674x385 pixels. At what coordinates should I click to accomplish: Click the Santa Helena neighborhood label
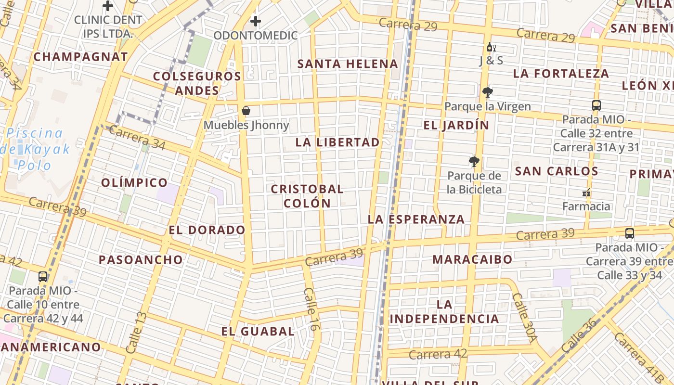(x=348, y=64)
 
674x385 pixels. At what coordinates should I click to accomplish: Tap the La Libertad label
(x=337, y=142)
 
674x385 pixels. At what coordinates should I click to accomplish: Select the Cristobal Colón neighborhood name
(x=307, y=196)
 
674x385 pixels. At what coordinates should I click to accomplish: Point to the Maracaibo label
(x=472, y=259)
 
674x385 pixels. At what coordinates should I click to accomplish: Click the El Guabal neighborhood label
(x=258, y=331)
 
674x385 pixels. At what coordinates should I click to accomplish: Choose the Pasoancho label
(x=141, y=260)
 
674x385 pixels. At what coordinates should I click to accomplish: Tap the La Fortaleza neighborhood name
(x=561, y=74)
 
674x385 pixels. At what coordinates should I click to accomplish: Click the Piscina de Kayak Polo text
(x=38, y=149)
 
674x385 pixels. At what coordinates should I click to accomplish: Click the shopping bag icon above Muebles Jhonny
(x=246, y=111)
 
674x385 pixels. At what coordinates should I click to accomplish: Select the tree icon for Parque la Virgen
(x=487, y=92)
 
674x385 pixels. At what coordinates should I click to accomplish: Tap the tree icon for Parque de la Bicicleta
(x=474, y=162)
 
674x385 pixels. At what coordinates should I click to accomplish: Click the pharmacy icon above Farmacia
(x=586, y=192)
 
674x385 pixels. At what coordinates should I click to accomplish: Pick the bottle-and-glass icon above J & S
(x=491, y=47)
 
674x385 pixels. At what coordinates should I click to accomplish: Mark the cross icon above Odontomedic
(x=256, y=21)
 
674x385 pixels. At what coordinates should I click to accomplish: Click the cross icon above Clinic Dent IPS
(x=108, y=6)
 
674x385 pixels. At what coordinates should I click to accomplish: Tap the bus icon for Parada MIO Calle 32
(x=596, y=105)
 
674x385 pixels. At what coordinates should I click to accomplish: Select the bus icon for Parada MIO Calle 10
(x=43, y=277)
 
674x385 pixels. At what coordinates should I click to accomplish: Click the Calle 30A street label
(x=524, y=318)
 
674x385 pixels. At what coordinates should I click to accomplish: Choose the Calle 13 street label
(x=135, y=333)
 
